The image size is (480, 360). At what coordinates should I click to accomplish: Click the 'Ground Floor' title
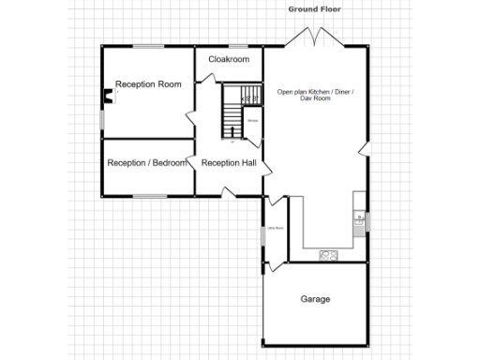314,8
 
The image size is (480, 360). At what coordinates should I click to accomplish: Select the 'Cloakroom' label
229,60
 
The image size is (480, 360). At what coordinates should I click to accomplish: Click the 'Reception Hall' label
229,163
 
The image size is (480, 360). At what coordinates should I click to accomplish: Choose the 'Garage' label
315,300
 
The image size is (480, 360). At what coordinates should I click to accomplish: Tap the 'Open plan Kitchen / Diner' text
315,91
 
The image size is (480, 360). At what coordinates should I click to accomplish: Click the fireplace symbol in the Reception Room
108,94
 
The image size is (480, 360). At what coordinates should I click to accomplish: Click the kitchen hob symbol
328,254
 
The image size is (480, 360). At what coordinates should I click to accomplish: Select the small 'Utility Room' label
275,228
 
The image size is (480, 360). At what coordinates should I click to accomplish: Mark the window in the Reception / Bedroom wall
147,196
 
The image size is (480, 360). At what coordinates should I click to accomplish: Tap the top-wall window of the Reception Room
147,45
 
